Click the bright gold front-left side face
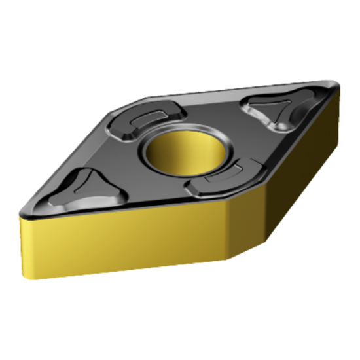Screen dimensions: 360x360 tap(118, 242)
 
